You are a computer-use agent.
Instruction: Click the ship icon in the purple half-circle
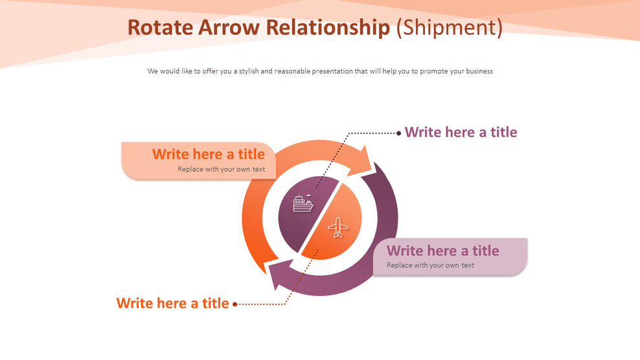pos(303,204)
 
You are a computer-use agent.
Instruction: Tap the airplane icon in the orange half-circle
pos(337,227)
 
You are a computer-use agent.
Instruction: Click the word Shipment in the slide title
pos(449,27)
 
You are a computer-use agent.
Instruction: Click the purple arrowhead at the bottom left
pos(278,275)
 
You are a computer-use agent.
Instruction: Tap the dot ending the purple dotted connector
pos(399,133)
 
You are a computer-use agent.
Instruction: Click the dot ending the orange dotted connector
pos(234,304)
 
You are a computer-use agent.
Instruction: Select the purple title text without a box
pos(461,132)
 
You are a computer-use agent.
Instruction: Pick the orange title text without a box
pos(172,303)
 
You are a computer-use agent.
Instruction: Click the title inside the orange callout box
pos(208,154)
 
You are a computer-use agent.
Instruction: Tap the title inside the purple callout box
pos(442,251)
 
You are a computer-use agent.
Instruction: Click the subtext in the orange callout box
pos(221,169)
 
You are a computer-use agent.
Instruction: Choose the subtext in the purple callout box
pos(430,265)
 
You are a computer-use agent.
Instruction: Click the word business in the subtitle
pos(478,71)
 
